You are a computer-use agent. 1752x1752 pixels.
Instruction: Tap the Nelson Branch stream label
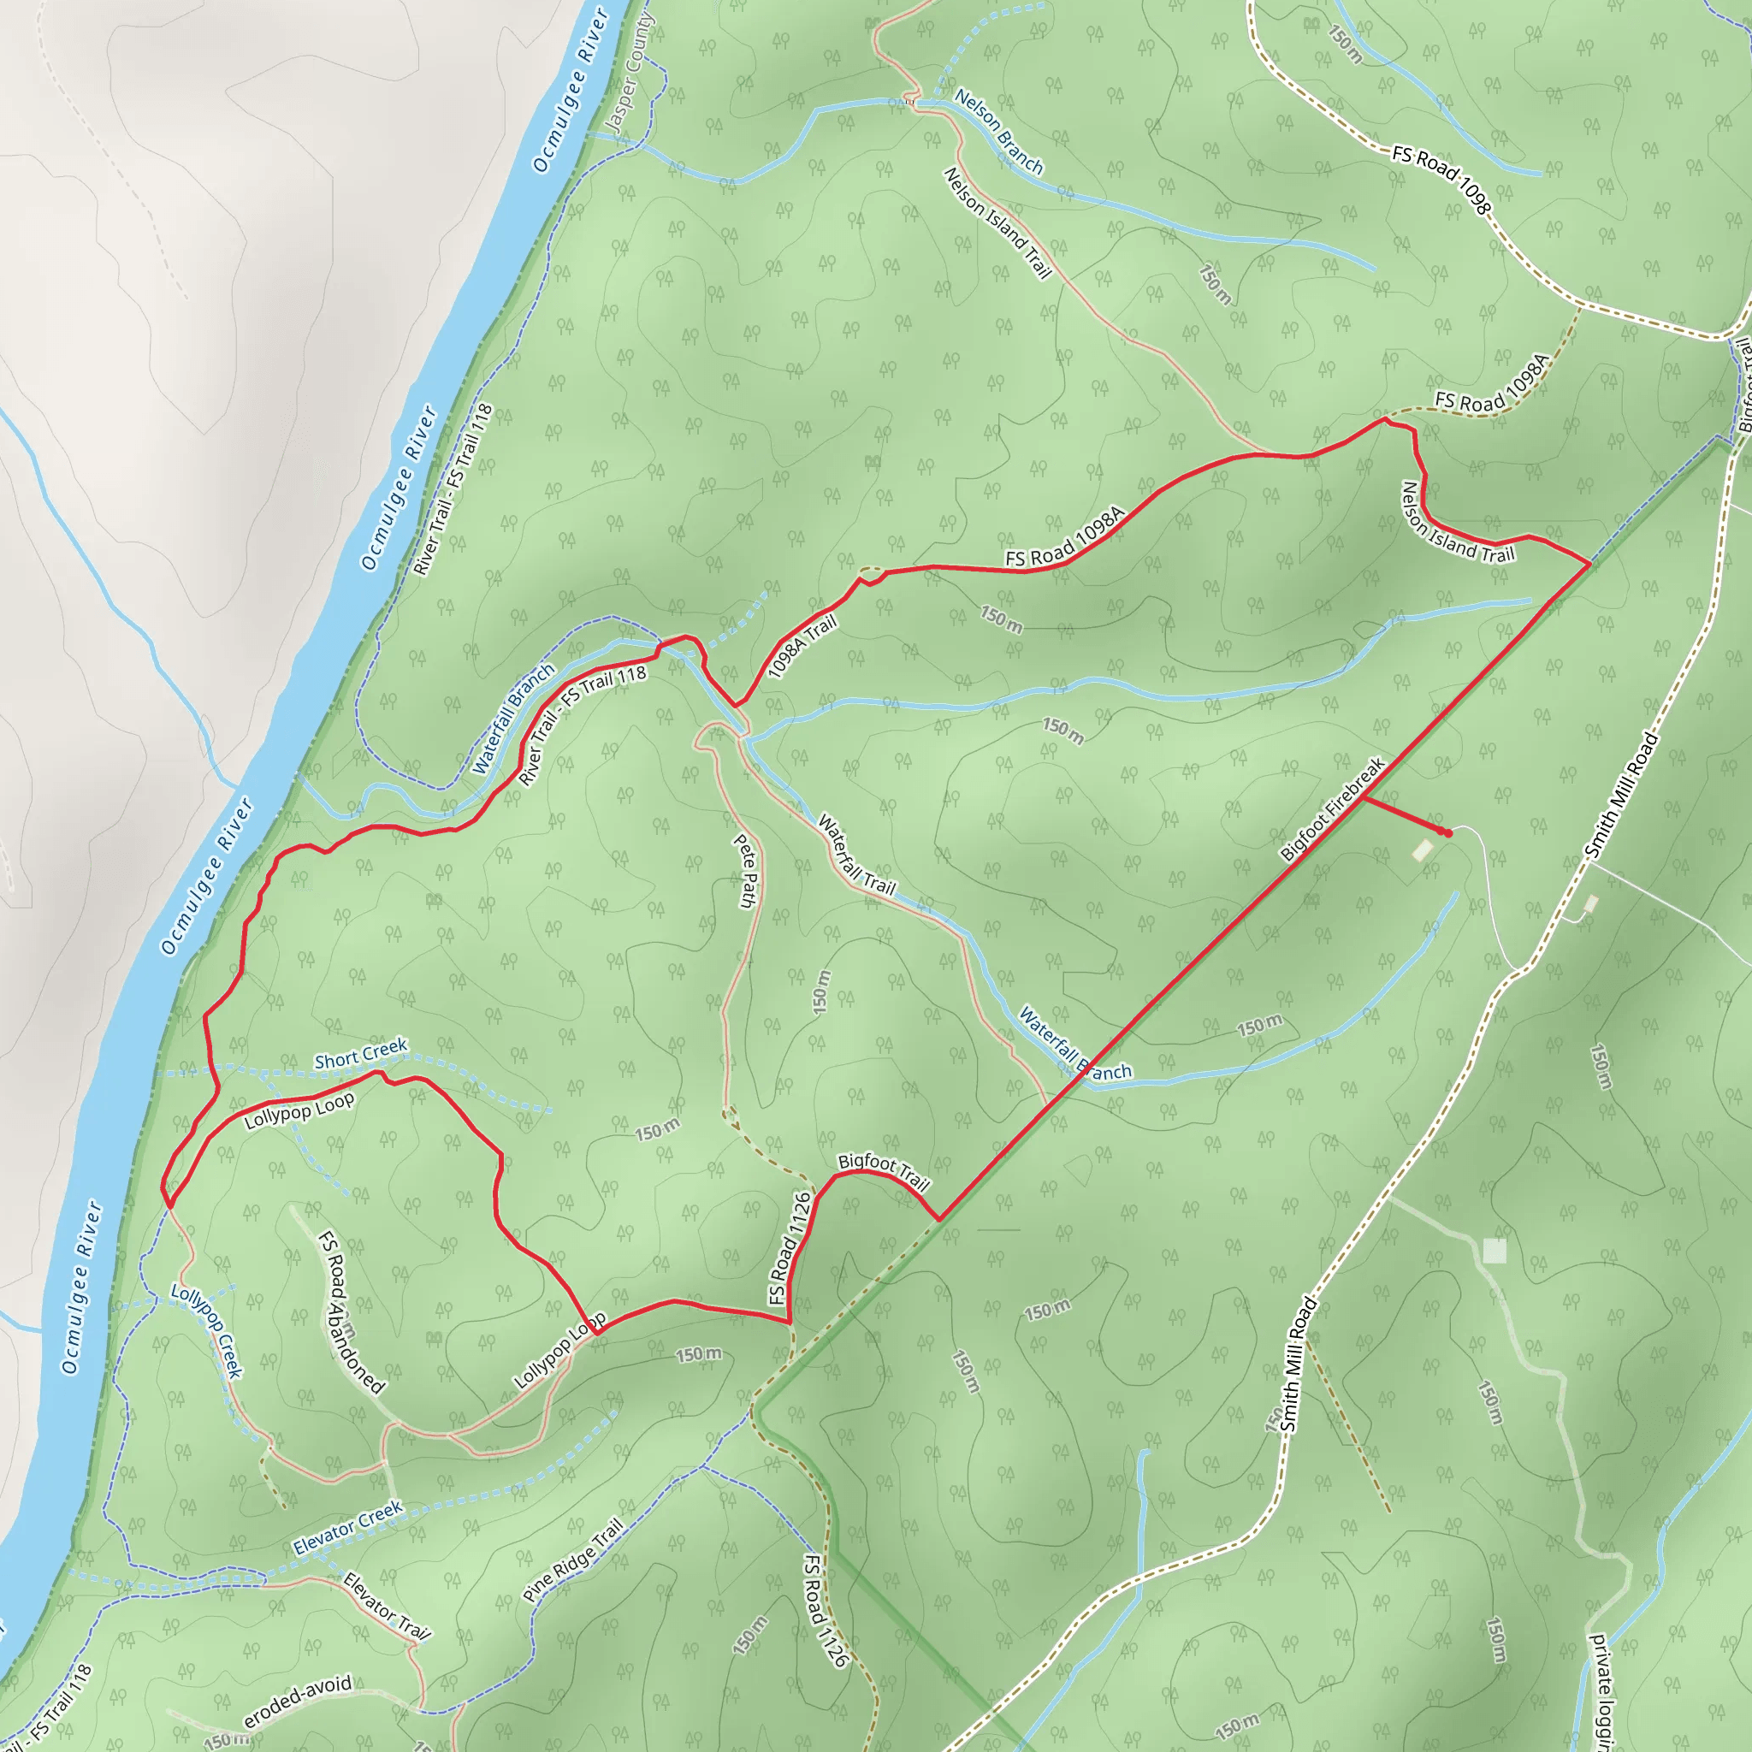(998, 133)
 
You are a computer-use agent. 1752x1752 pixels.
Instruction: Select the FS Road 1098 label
(1441, 181)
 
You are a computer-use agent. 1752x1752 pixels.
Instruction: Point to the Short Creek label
(361, 1055)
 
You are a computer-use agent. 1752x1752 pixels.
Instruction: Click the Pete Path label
(745, 871)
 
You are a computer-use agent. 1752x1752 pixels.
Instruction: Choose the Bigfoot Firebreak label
(1332, 809)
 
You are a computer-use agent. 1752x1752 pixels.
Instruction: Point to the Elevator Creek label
(347, 1529)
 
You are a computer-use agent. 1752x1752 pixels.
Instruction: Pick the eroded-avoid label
(298, 1702)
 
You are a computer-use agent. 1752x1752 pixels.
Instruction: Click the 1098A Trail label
(802, 646)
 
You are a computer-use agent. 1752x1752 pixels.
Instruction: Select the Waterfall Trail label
(856, 855)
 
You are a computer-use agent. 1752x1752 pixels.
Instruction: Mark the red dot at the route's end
(1448, 833)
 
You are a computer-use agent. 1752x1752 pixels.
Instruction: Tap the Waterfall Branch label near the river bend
(512, 720)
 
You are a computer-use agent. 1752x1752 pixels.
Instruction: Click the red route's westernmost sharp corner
(168, 1207)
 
